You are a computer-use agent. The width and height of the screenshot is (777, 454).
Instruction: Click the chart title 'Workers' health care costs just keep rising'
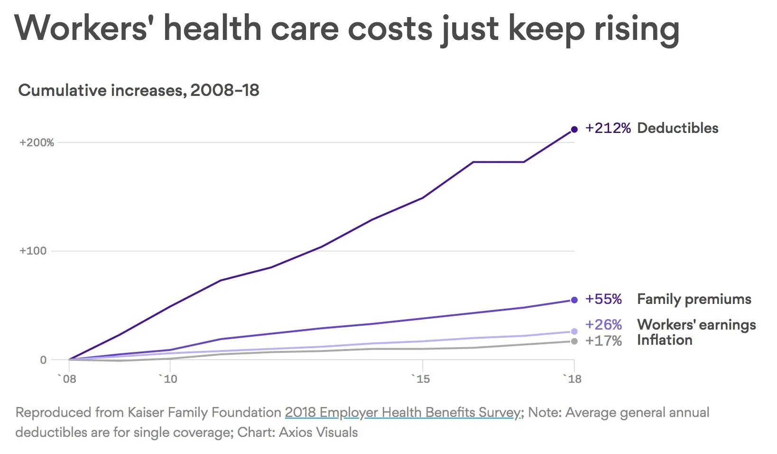pos(347,28)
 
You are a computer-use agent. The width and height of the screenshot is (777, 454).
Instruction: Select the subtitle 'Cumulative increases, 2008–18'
pos(139,90)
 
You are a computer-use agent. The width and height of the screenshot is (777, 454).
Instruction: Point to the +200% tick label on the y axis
pos(37,142)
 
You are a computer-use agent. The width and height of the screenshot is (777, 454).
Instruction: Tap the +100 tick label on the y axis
pos(33,251)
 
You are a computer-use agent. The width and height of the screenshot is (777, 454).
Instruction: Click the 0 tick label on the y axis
pos(43,360)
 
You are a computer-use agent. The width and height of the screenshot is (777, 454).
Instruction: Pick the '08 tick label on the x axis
pos(67,379)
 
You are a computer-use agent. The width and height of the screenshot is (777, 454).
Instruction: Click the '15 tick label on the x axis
pos(421,379)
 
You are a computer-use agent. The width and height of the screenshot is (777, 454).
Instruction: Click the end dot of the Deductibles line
pos(574,129)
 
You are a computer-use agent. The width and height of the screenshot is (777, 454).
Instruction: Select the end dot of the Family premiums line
pos(574,300)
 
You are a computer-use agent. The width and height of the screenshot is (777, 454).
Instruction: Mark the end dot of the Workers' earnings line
pos(574,331)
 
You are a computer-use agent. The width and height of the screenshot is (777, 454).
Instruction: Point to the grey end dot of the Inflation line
pos(574,341)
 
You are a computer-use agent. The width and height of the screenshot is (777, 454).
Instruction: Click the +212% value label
pos(608,128)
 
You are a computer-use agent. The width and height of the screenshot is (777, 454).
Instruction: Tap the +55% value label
pos(603,299)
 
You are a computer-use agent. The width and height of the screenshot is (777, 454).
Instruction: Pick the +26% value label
pos(603,325)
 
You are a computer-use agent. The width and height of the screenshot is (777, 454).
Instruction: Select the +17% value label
pos(603,341)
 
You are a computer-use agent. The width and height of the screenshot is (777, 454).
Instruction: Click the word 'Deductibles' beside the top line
pos(677,128)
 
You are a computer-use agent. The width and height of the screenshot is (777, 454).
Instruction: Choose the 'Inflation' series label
pos(665,340)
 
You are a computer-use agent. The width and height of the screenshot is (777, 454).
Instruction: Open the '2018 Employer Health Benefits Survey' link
pos(403,412)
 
